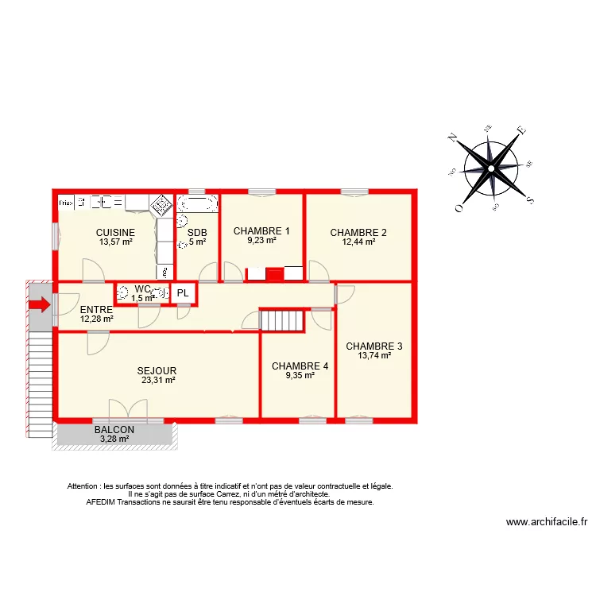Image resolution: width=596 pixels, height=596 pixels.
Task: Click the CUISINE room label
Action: [x=116, y=233]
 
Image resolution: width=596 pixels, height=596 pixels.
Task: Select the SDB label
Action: [x=196, y=233]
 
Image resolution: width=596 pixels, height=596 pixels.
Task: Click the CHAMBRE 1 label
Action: [x=261, y=231]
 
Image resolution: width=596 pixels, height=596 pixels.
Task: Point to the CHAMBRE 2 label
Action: [x=358, y=233]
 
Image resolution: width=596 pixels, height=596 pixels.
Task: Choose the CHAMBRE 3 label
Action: [x=374, y=346]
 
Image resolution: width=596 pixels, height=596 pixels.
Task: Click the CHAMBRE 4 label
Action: [x=300, y=366]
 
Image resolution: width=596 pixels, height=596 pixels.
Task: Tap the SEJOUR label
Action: [x=157, y=371]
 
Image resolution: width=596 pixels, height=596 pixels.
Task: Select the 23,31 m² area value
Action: [x=157, y=381]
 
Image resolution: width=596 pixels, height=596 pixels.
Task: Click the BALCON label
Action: [x=114, y=430]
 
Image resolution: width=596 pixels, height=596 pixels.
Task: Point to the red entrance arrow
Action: [x=38, y=304]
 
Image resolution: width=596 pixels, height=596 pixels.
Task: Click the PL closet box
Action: [x=184, y=293]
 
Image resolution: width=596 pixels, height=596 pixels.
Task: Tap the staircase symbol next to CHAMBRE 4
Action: [x=283, y=320]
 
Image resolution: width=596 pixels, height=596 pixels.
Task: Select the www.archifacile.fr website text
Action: [x=547, y=522]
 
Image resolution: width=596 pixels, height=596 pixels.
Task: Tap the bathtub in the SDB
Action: [x=197, y=204]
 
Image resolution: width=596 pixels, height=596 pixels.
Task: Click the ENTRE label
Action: [x=96, y=310]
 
